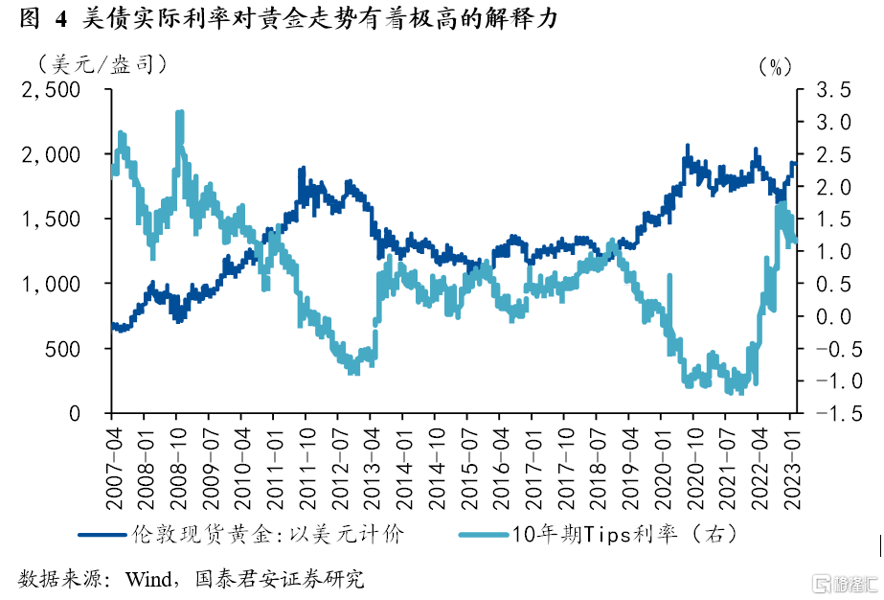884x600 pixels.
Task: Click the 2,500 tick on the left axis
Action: click(53, 89)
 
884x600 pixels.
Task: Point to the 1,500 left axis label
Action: click(53, 219)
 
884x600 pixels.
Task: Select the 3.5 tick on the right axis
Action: click(830, 89)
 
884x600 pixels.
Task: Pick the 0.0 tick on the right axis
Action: click(830, 316)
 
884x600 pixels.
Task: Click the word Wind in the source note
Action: click(147, 579)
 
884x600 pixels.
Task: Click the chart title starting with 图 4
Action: click(288, 18)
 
